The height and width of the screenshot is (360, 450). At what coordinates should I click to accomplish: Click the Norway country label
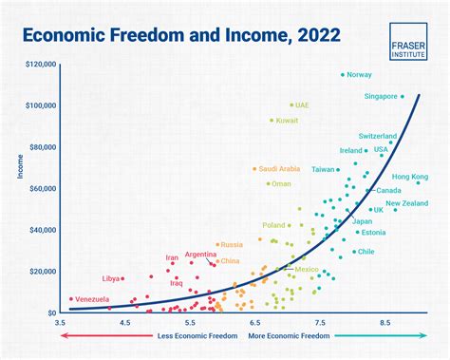[x=359, y=74]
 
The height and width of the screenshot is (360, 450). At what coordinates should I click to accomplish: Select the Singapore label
[x=381, y=96]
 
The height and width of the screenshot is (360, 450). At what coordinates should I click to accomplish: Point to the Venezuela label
[x=99, y=299]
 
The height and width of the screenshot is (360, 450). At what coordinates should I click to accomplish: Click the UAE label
[x=302, y=104]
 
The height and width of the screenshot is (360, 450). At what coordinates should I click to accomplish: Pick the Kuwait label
[x=288, y=121]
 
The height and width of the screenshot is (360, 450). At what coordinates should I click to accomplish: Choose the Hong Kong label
[x=410, y=177]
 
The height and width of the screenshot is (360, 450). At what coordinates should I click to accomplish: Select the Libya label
[x=111, y=278]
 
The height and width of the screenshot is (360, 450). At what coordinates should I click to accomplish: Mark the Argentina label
[x=200, y=255]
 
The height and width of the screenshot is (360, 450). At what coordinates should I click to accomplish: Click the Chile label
[x=366, y=252]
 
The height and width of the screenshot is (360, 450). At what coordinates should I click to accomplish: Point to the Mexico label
[x=307, y=269]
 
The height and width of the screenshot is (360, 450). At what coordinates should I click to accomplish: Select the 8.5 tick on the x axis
[x=385, y=323]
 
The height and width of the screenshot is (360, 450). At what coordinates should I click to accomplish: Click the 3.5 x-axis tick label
[x=61, y=323]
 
